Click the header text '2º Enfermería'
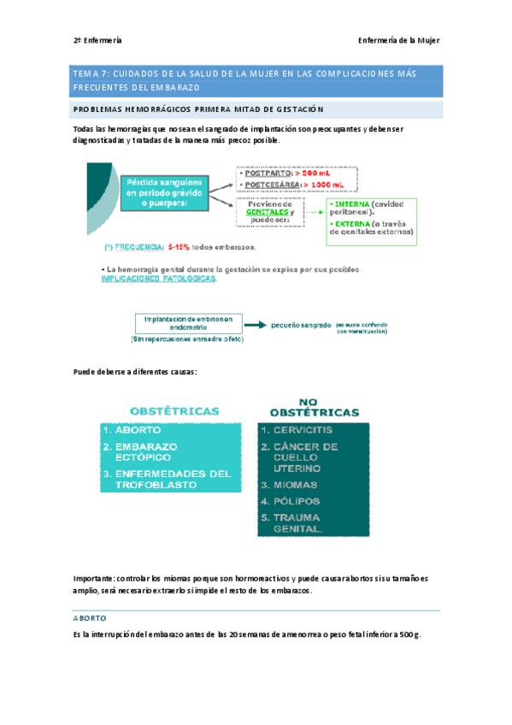[97, 40]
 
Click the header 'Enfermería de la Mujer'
[397, 40]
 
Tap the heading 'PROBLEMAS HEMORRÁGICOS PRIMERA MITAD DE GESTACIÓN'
[199, 109]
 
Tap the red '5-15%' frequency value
[183, 248]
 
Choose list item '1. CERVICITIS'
[297, 430]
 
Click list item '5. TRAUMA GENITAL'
[292, 522]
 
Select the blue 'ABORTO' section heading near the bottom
[90, 617]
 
